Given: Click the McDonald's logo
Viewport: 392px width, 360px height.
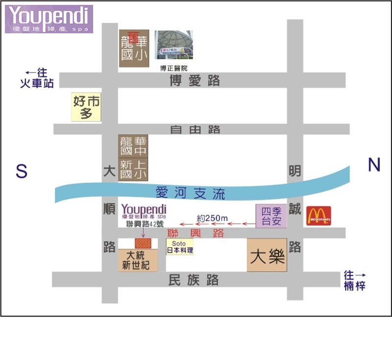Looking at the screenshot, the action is (318, 216).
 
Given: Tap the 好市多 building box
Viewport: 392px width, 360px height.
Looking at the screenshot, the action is (87, 107).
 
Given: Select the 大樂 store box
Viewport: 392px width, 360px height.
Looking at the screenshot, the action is (267, 256).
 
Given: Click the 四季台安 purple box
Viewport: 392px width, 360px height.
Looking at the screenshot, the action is (271, 216).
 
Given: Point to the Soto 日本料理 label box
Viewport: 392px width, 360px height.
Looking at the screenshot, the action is (180, 247).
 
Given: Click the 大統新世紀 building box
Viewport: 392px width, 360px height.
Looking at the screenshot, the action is (138, 260).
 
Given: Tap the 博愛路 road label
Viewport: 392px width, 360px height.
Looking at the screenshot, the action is (195, 81).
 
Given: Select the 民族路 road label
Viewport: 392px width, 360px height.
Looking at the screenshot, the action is (193, 280).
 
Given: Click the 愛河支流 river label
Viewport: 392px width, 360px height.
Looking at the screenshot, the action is (191, 193).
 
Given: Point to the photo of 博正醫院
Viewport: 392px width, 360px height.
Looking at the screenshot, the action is (174, 45).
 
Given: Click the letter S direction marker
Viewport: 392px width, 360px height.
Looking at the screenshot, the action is (21, 171).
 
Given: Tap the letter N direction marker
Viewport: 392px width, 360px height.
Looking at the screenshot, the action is (374, 166).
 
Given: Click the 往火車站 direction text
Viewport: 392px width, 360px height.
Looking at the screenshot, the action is (37, 78).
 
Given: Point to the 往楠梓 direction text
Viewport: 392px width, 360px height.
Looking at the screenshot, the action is (354, 280).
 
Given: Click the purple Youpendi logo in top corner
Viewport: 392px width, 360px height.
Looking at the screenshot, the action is (49, 19).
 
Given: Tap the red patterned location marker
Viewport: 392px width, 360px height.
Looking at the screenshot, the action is (143, 243).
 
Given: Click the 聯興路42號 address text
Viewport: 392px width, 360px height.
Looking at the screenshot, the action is (145, 224).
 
